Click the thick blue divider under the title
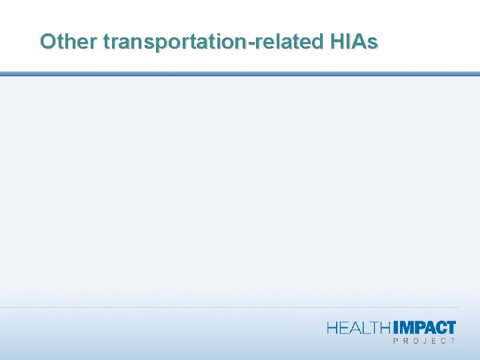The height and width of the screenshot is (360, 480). (240, 74)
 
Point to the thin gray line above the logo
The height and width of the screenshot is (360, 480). (240, 307)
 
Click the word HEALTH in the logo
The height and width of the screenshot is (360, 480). (361, 327)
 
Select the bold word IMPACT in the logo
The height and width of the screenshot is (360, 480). (425, 327)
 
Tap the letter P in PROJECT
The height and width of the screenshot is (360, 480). (397, 341)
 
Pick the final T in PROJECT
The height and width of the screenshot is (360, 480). (454, 341)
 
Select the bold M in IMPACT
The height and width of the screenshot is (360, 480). (407, 327)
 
